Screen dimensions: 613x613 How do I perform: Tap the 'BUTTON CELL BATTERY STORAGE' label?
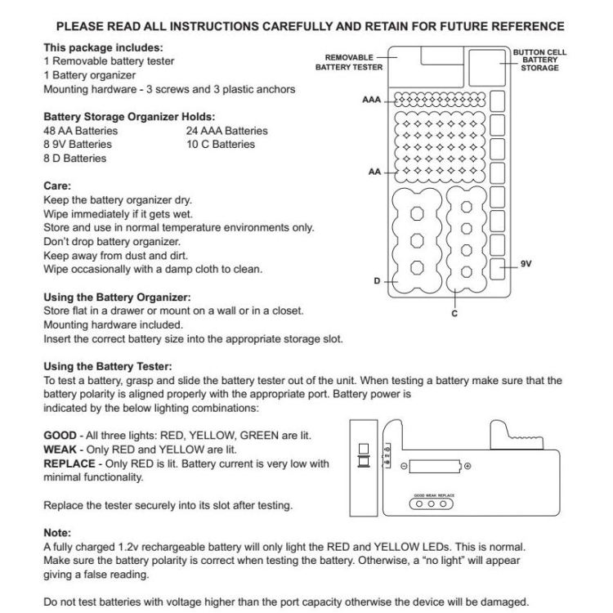pos(539,60)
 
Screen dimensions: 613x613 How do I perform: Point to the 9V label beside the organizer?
pos(526,264)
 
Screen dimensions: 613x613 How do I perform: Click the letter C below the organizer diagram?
pos(454,312)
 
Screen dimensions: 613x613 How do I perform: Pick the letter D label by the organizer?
pos(378,281)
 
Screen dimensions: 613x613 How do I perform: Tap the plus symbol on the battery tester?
pos(467,466)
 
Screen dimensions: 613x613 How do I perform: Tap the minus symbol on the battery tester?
pos(403,466)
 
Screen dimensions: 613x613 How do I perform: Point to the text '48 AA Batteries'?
pos(80,131)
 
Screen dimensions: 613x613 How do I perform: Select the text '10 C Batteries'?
pos(221,145)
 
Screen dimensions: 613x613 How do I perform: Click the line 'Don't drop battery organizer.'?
pos(111,242)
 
